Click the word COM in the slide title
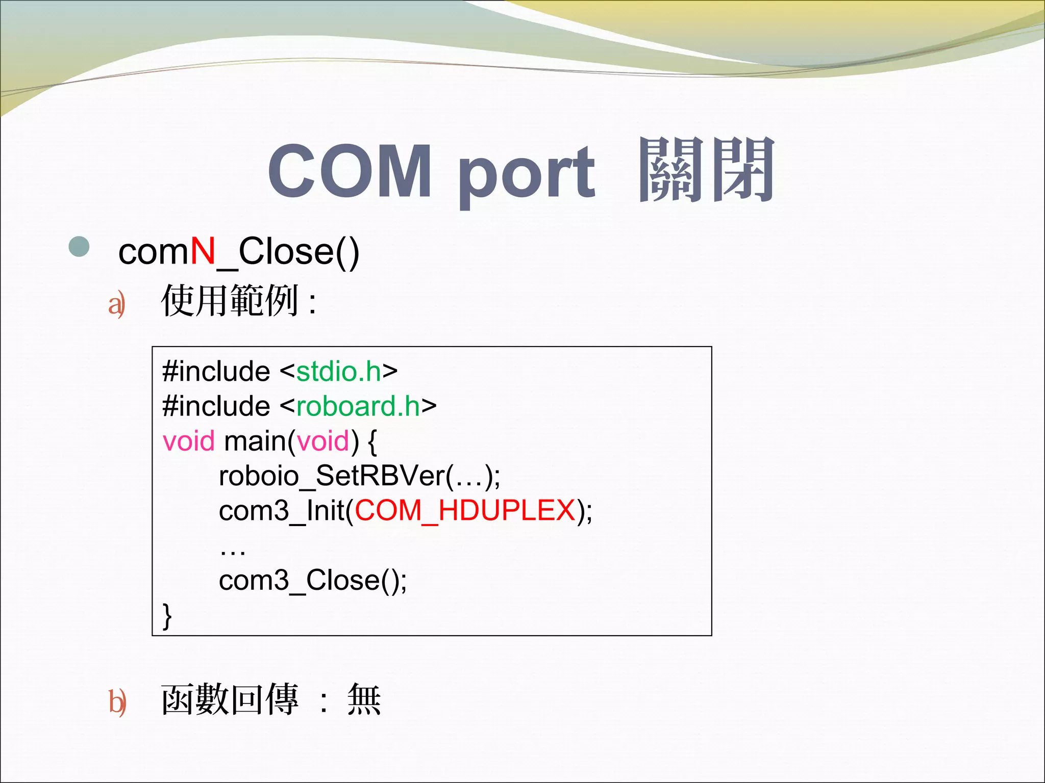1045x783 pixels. coord(350,171)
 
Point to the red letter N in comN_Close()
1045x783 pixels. coord(203,251)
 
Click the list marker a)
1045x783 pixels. coord(117,304)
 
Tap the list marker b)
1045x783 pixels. coord(117,702)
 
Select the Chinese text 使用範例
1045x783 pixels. coord(230,301)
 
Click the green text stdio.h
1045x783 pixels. coord(339,371)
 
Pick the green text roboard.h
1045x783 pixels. coord(358,406)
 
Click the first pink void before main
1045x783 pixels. coord(188,441)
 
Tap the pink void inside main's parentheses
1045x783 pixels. coord(323,441)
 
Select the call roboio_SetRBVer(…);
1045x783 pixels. coord(359,476)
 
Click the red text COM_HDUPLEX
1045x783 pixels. coord(465,510)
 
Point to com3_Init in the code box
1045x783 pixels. coord(282,510)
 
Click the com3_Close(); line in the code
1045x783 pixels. coord(313,580)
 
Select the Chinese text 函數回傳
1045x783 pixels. coord(230,700)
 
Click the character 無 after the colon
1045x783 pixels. coord(364,700)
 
